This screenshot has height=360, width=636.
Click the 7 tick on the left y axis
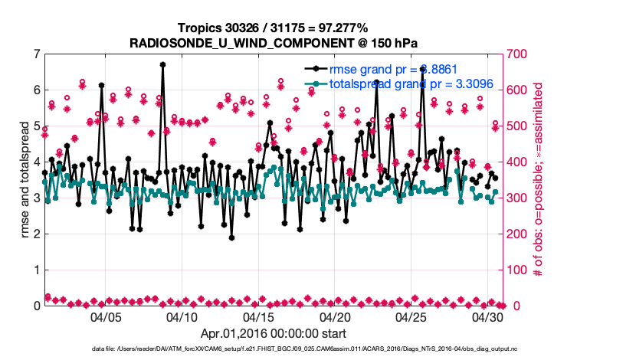pyautogui.click(x=36, y=54)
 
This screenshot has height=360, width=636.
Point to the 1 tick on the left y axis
pyautogui.click(x=36, y=270)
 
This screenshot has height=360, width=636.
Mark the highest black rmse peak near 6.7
pyautogui.click(x=162, y=65)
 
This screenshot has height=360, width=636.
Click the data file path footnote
pyautogui.click(x=316, y=349)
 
